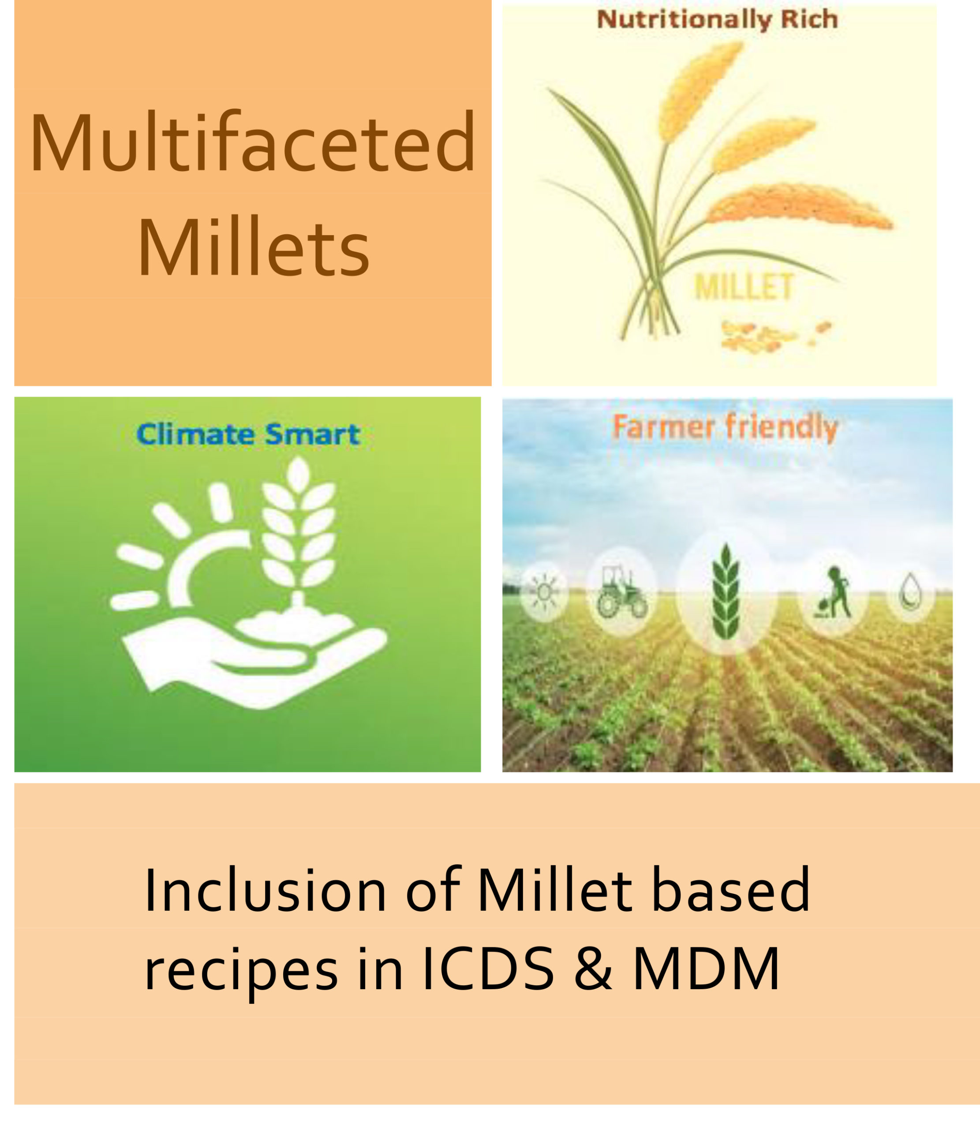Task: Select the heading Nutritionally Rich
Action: tap(718, 20)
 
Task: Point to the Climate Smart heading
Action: tap(248, 435)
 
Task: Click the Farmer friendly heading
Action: tap(725, 427)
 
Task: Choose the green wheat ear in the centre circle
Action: tap(726, 591)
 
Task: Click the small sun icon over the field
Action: tap(544, 591)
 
